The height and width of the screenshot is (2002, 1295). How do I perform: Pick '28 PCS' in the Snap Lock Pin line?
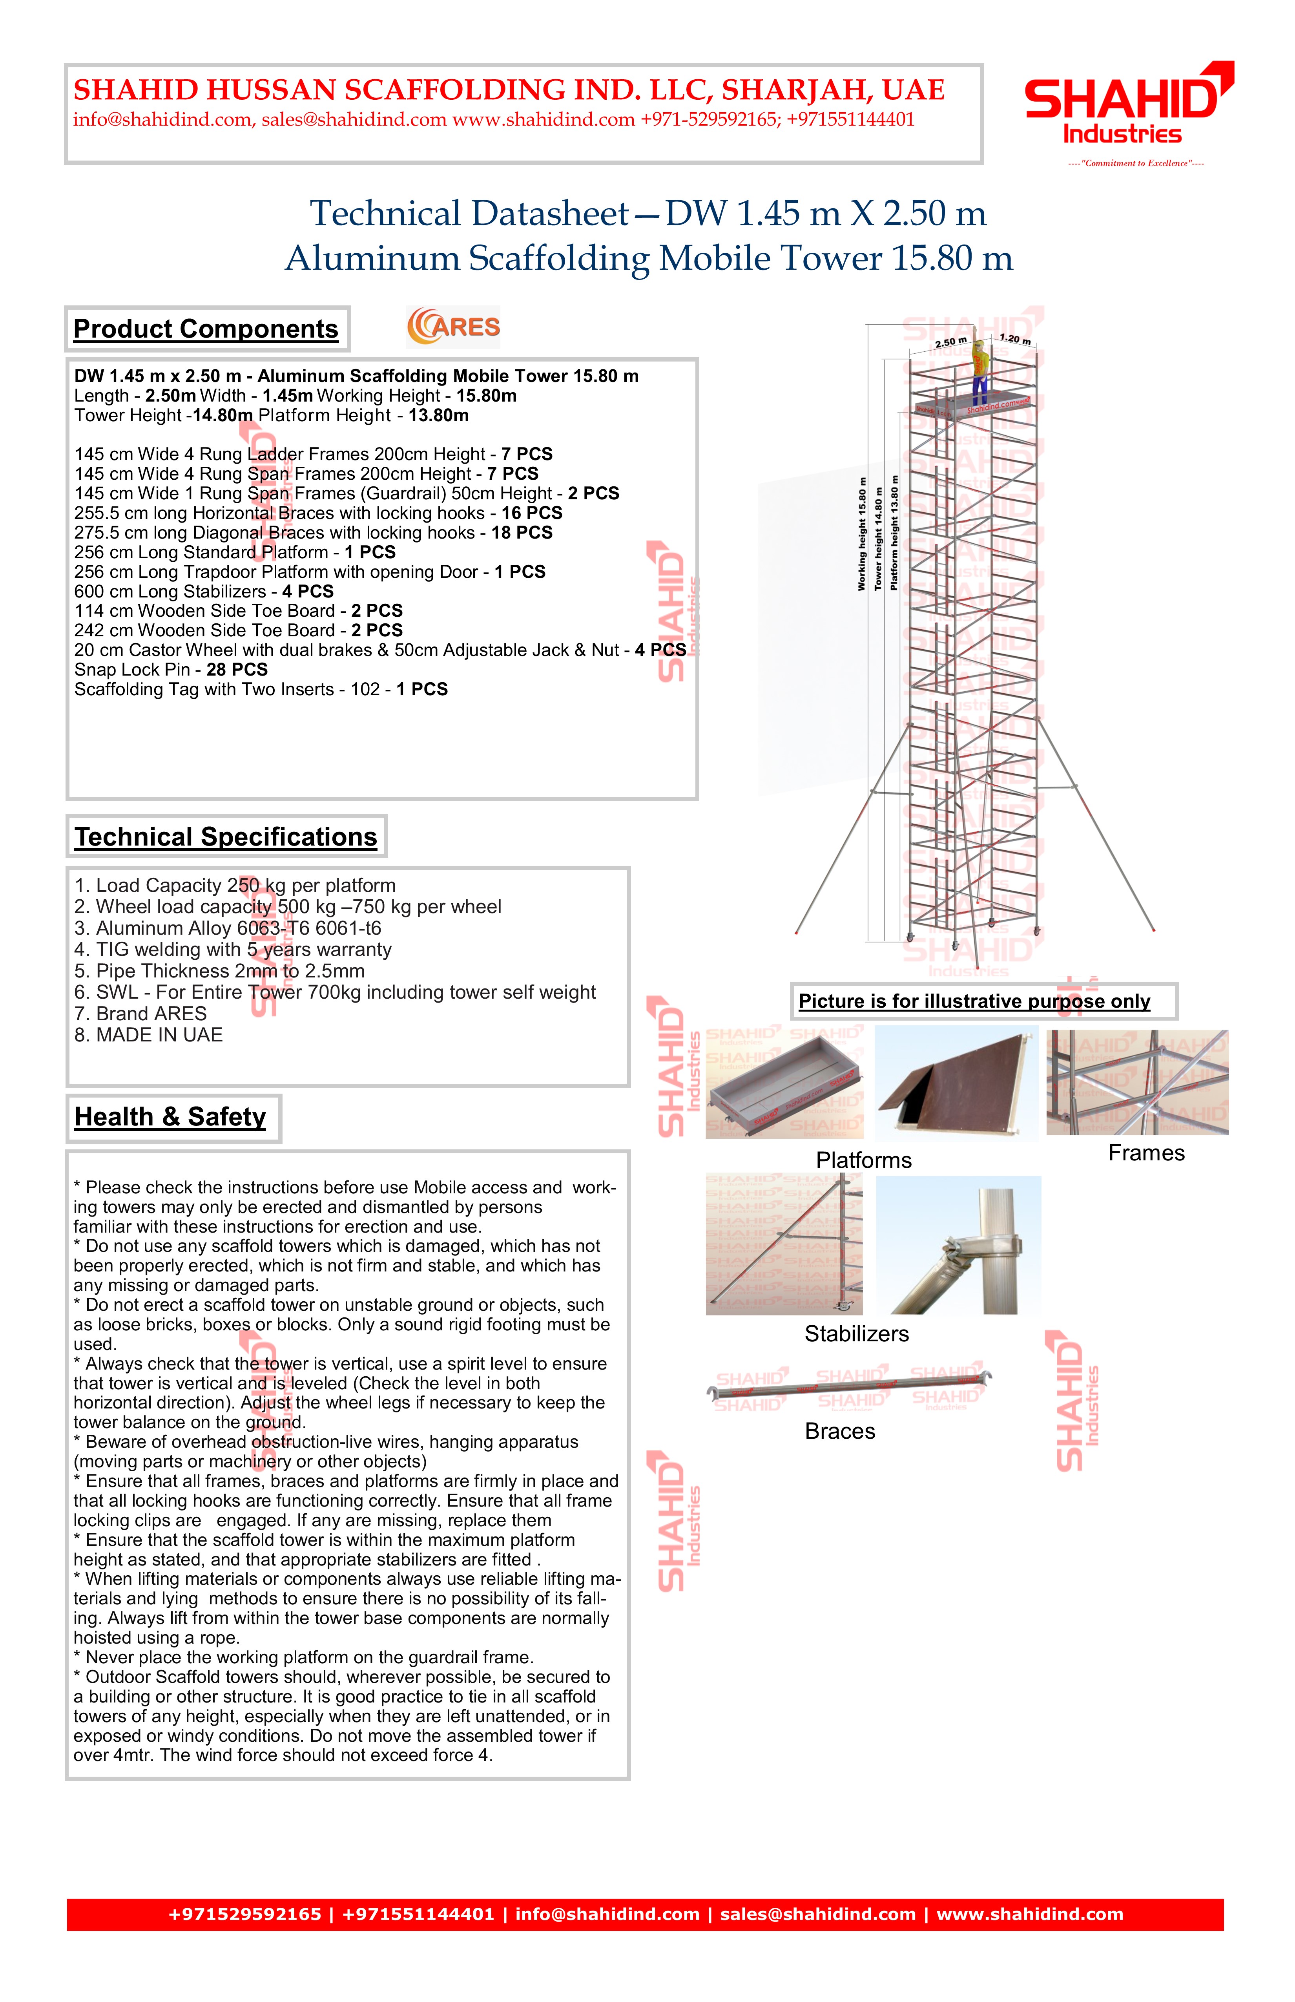(x=237, y=670)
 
